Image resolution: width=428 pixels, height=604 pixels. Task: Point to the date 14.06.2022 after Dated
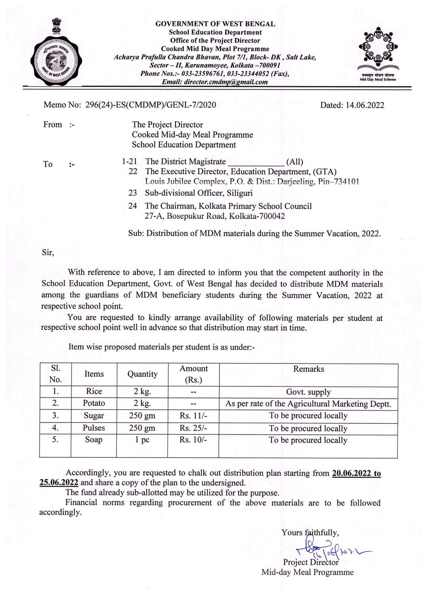[x=365, y=105]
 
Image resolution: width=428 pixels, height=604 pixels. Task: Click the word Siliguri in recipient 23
[x=240, y=193]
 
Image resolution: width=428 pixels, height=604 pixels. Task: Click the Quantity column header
[x=142, y=374]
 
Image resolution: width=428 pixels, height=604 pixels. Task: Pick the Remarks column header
[x=308, y=369]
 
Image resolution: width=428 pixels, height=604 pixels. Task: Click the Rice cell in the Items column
[x=94, y=392]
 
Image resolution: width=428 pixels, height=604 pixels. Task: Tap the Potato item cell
[x=94, y=403]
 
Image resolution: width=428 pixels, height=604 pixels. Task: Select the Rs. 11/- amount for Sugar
[x=193, y=416]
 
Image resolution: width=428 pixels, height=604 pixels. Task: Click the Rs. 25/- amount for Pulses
[x=193, y=428]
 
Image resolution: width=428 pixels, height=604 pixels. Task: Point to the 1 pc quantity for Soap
[x=142, y=440]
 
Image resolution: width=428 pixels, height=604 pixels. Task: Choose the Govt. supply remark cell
[x=308, y=392]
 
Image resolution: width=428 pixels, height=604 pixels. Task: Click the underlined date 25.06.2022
[x=59, y=483]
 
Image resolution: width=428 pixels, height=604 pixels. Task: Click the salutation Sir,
[x=48, y=252]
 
